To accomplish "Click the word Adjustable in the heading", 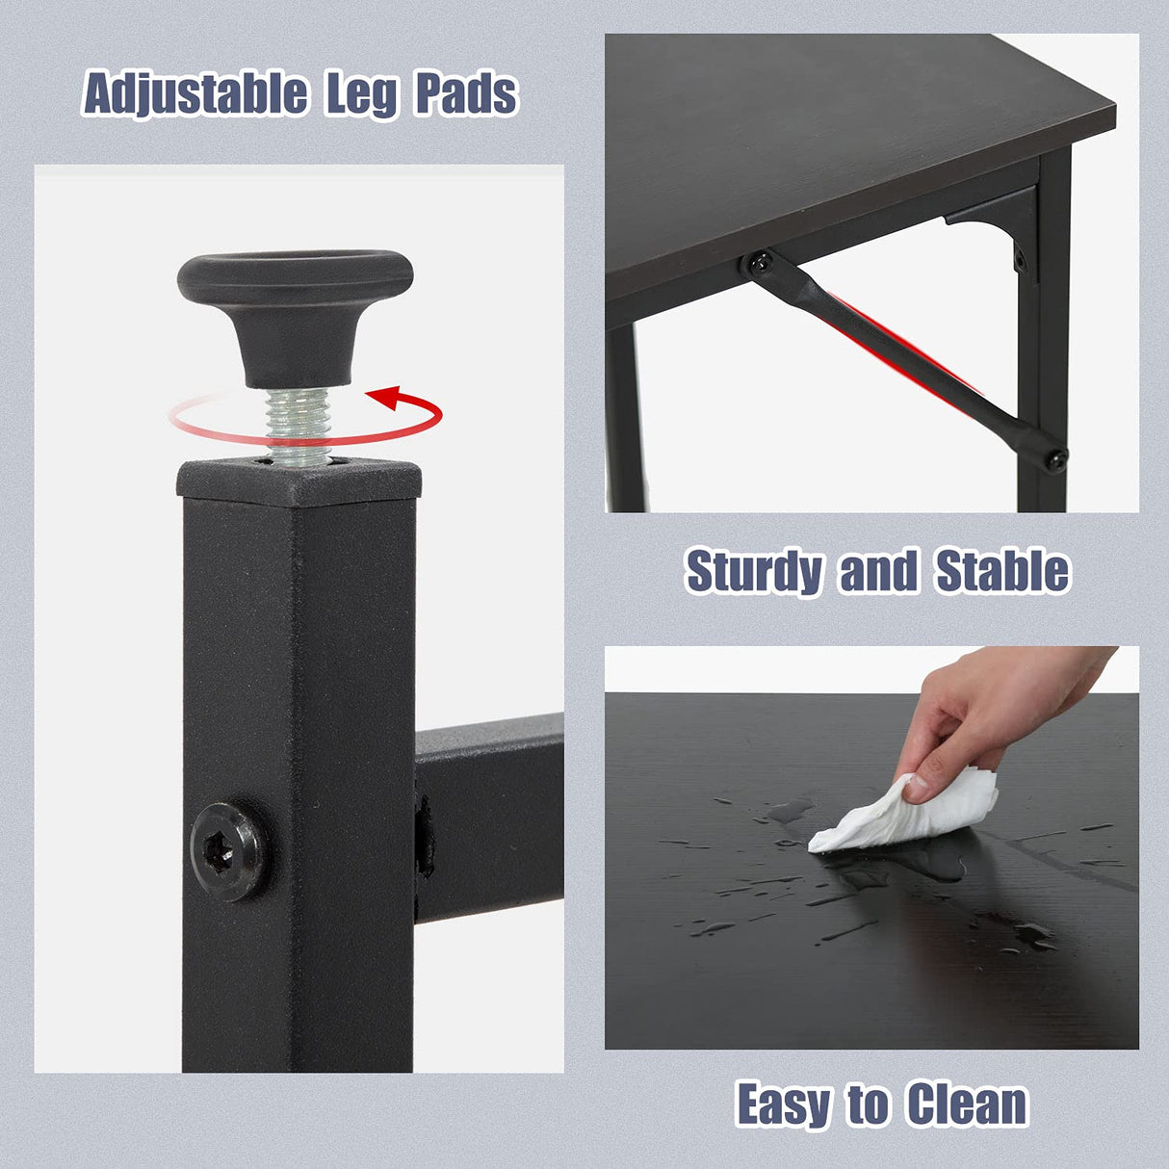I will pyautogui.click(x=195, y=95).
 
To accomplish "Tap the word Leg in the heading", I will pyautogui.click(x=361, y=95).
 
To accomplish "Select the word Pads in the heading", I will pyautogui.click(x=466, y=95).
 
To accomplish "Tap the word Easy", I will pyautogui.click(x=783, y=1104).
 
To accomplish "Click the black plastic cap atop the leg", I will pyautogui.click(x=299, y=481).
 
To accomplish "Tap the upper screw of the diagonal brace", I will pyautogui.click(x=760, y=261).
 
